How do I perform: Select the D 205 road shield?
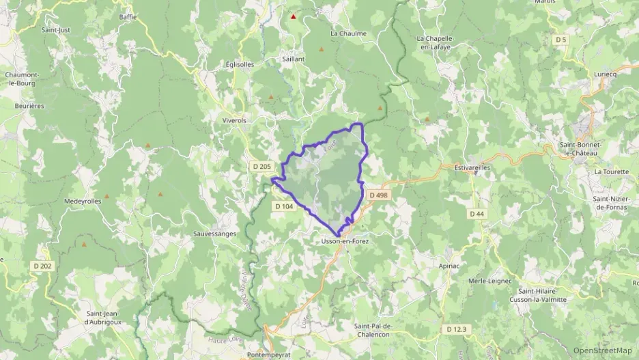[261, 167]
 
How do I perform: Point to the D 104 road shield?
[284, 206]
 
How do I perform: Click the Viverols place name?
[234, 120]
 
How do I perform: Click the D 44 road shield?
[477, 214]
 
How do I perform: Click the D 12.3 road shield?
[457, 329]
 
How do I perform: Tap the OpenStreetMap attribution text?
[602, 350]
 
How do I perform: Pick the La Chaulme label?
[348, 33]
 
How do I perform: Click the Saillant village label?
[294, 59]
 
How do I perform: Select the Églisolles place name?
[240, 64]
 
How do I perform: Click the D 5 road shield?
[561, 40]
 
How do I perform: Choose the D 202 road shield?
[42, 266]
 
